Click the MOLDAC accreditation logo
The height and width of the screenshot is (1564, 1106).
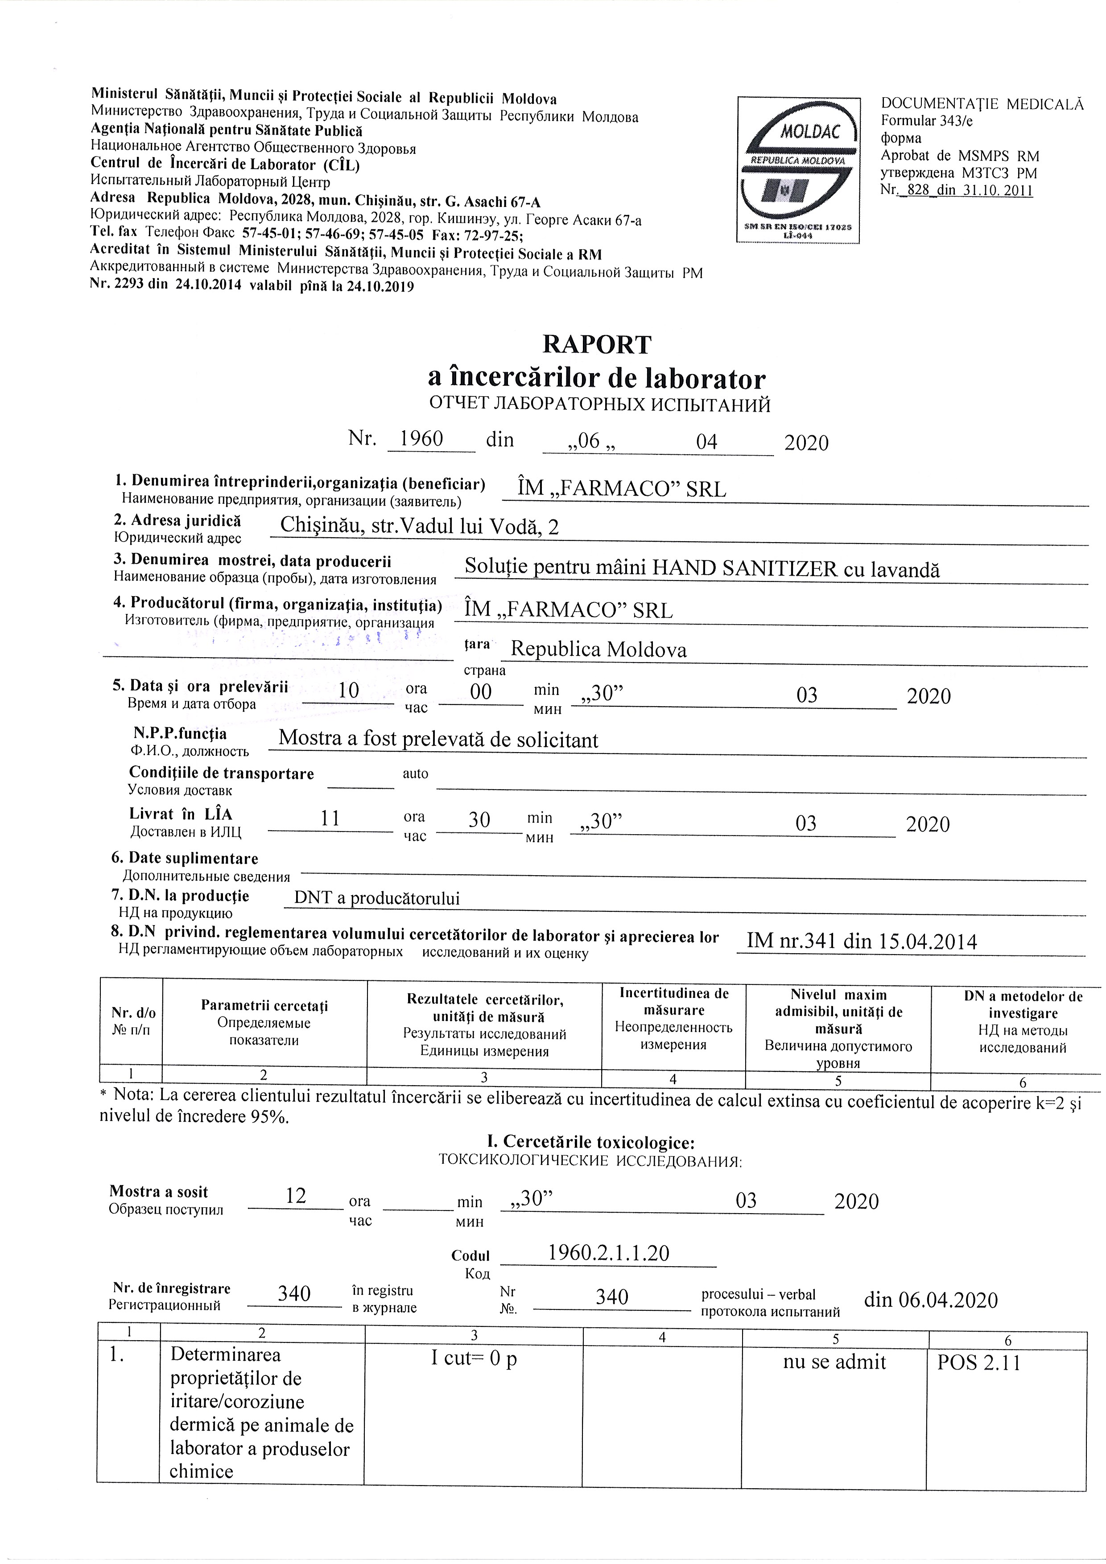pyautogui.click(x=797, y=169)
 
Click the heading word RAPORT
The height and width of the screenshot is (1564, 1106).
pyautogui.click(x=597, y=345)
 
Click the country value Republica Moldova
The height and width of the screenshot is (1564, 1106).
pyautogui.click(x=598, y=649)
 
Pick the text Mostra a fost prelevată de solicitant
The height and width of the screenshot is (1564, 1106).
pyautogui.click(x=438, y=739)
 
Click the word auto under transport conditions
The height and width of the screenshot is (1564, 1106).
pyautogui.click(x=415, y=773)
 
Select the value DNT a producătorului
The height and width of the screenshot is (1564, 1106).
pyautogui.click(x=377, y=898)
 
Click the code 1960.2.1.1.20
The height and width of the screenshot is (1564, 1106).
pyautogui.click(x=609, y=1253)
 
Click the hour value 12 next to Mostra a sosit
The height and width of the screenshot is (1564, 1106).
pyautogui.click(x=296, y=1195)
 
